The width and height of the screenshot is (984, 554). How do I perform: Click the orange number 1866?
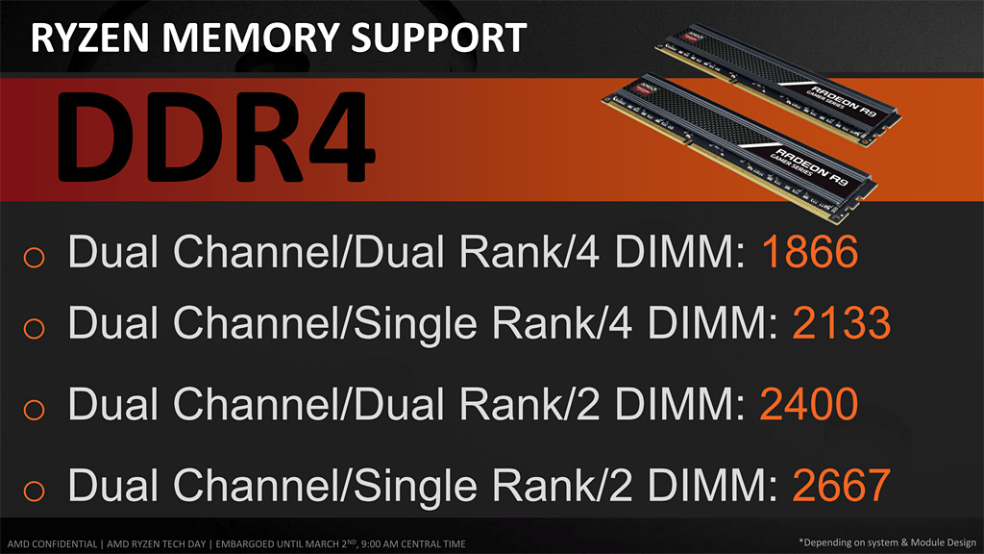(x=809, y=254)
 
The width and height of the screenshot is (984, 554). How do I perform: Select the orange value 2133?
(x=842, y=324)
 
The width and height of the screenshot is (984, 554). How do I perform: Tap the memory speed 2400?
(x=809, y=405)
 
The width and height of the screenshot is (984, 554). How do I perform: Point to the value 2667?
(x=842, y=486)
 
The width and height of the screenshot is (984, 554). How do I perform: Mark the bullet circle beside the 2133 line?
(x=34, y=328)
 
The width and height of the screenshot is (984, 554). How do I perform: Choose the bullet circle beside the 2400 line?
(x=34, y=408)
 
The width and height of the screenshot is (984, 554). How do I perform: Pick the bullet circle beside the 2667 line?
(x=34, y=489)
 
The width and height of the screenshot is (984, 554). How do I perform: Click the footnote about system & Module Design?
(x=887, y=541)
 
